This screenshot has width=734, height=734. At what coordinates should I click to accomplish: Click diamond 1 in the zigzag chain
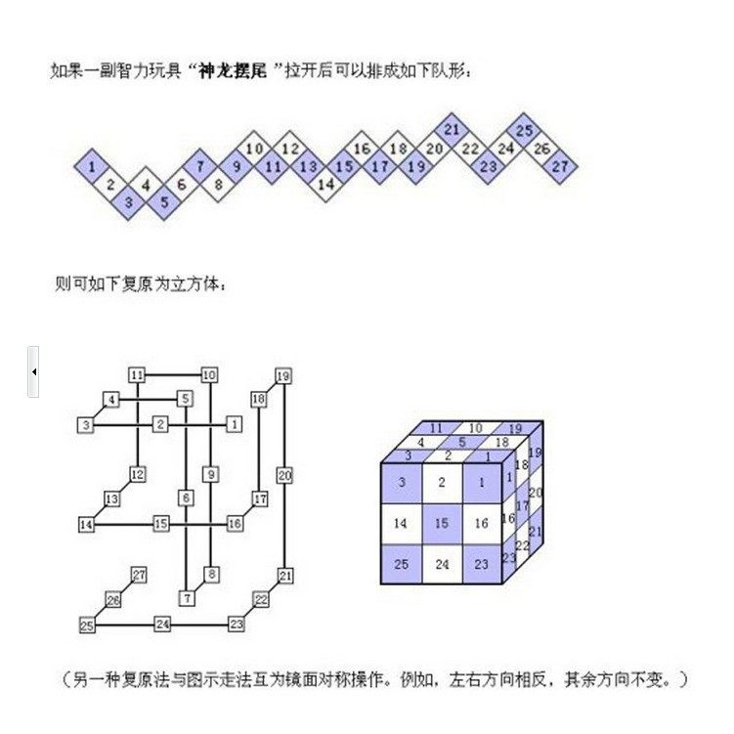click(x=91, y=167)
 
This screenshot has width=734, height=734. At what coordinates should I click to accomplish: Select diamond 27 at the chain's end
click(x=560, y=166)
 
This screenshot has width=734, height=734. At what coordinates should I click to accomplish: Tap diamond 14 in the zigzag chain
click(x=326, y=183)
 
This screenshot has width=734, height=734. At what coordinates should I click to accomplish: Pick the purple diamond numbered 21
click(x=452, y=130)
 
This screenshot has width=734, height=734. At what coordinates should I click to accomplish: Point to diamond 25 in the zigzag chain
click(x=524, y=130)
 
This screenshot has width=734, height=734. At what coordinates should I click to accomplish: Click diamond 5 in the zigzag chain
click(x=164, y=202)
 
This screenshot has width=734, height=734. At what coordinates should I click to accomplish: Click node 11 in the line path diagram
click(x=137, y=375)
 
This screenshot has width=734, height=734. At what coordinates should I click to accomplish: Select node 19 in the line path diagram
click(x=283, y=375)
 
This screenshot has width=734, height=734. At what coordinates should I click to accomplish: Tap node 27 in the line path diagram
click(x=139, y=575)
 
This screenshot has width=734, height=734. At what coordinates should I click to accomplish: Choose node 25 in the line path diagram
click(x=87, y=626)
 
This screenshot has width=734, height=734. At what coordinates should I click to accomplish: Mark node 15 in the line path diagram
click(x=161, y=525)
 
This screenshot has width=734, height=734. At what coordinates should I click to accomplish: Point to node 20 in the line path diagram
click(x=284, y=475)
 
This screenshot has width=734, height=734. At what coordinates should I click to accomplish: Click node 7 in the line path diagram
click(x=186, y=598)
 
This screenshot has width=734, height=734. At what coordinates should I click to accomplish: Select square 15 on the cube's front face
click(x=441, y=523)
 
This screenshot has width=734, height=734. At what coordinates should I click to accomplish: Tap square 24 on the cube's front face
click(x=441, y=564)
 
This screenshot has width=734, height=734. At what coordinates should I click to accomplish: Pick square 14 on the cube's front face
click(x=401, y=523)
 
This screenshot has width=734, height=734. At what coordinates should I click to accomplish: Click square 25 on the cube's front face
click(x=401, y=564)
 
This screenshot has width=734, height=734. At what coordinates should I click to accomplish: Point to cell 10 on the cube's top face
click(x=475, y=428)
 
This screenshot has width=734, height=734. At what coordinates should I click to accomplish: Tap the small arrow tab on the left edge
click(x=33, y=371)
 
